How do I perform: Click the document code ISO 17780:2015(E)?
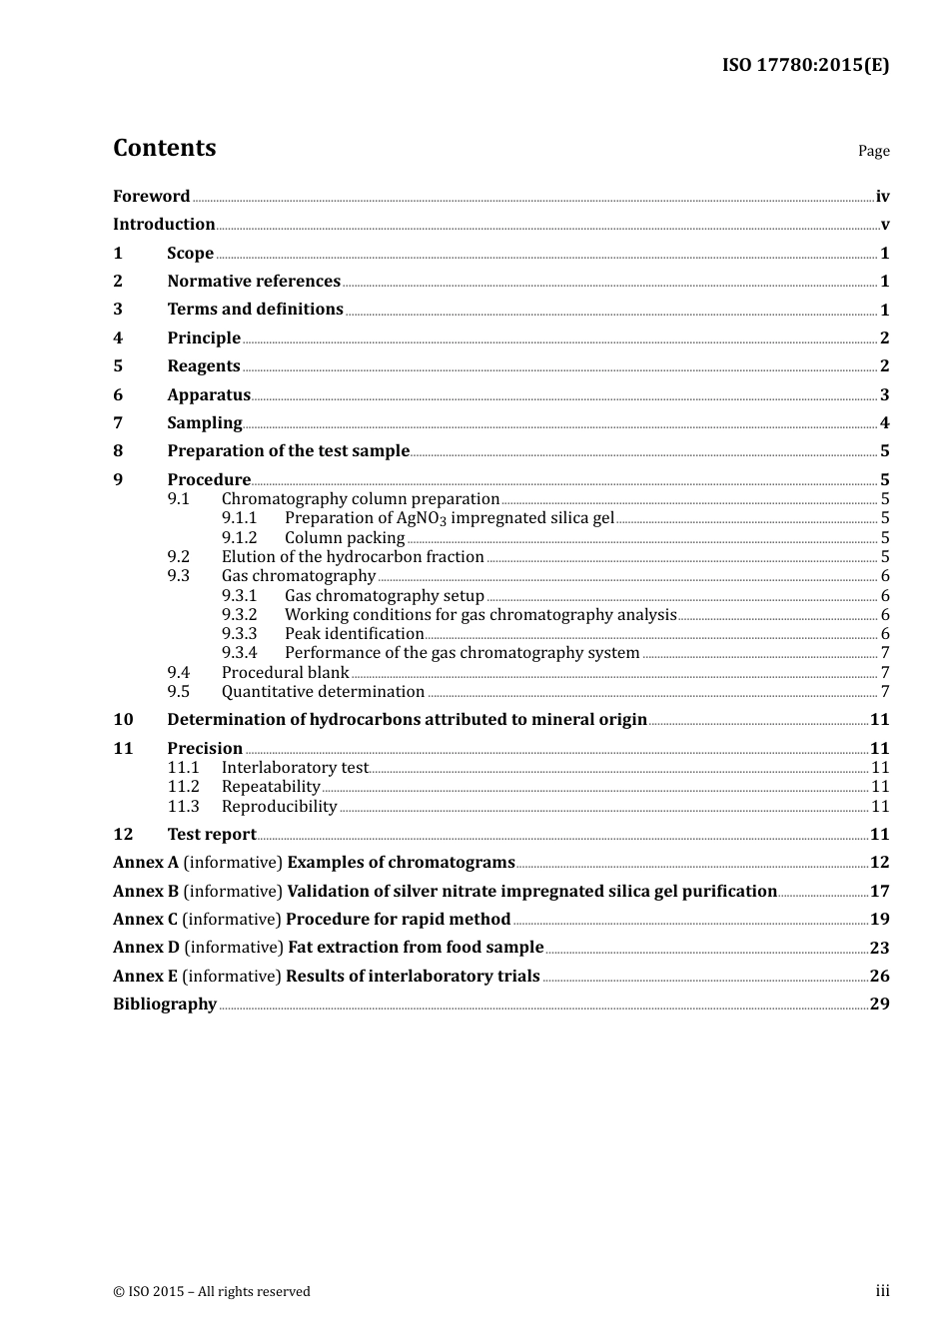pos(805,65)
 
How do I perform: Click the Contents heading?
pos(164,148)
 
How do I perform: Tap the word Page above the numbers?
pos(873,151)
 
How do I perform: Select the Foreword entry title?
pos(151,197)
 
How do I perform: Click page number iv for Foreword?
pos(882,197)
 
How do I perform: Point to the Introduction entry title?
pos(164,225)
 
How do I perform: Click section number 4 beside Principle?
pos(118,338)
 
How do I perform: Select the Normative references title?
pos(254,282)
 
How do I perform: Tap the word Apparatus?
pos(209,395)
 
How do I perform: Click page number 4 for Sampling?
pos(884,423)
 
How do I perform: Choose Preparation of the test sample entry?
pos(288,451)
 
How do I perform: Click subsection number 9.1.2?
pos(239,538)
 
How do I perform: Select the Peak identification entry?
pos(354,634)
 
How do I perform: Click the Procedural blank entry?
pos(285,673)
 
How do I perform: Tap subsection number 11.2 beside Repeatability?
pos(183,787)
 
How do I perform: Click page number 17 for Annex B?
pos(879,892)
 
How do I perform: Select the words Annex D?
pos(146,948)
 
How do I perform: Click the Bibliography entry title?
pos(165,1005)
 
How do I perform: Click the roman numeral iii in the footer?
pos(882,1291)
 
